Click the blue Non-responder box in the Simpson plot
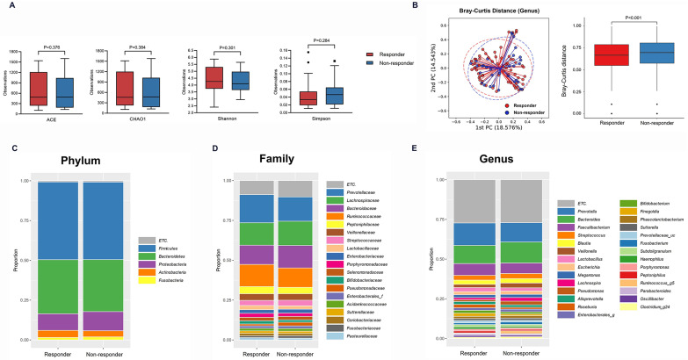click(332, 95)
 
